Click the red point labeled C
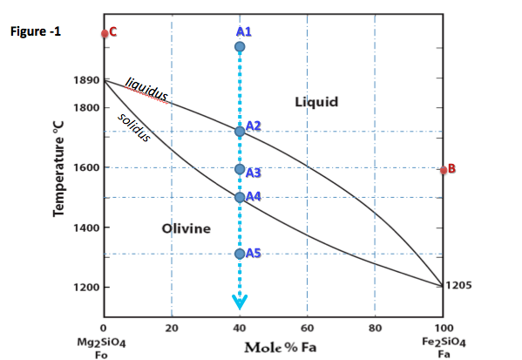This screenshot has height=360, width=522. pos(105,33)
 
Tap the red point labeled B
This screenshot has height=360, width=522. pos(444,169)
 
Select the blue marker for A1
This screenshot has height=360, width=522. pos(240,46)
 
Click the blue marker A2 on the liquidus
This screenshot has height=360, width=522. pos(240,132)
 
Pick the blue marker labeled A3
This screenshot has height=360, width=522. pos(240,169)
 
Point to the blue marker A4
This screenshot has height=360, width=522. pos(240,197)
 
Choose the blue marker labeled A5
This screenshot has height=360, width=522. pos(240,254)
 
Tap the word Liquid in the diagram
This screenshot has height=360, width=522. pos(316,101)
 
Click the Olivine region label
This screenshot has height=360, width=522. pos(186,228)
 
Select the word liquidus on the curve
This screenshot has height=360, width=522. pos(146,89)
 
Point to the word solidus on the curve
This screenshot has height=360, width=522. pos(135,127)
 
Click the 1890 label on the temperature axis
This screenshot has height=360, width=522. pos(87,80)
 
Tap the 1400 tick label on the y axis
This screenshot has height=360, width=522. pos(87,228)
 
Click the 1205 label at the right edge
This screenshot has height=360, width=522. pos(458,285)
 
